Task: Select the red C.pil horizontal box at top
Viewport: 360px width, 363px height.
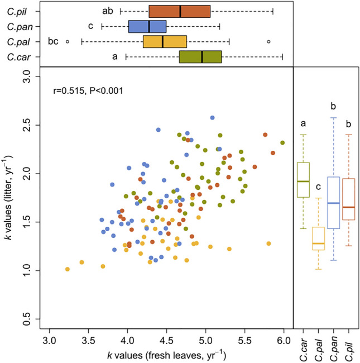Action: point(180,11)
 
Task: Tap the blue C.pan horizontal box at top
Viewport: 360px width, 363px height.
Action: point(147,26)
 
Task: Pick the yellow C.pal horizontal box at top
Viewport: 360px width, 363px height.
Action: point(165,41)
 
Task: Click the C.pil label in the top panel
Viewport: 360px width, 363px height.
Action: point(20,11)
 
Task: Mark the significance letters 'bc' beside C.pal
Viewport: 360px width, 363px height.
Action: point(54,41)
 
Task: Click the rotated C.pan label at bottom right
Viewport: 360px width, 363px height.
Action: point(334,348)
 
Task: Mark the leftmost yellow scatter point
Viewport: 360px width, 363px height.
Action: point(68,269)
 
